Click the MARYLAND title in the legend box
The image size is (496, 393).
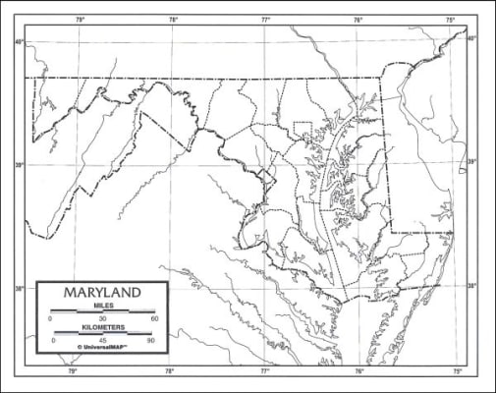[x=102, y=293]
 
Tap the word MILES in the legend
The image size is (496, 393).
[x=102, y=306]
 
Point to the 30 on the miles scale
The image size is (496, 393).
[x=102, y=319]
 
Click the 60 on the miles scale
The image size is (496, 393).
[x=154, y=319]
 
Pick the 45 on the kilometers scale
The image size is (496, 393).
[x=102, y=340]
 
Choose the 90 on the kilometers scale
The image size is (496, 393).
[x=151, y=340]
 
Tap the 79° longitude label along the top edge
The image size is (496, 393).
[x=80, y=20]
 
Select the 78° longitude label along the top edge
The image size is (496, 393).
[x=173, y=20]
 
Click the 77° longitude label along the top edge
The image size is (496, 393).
[x=266, y=20]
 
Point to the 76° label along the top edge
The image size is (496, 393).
[x=358, y=20]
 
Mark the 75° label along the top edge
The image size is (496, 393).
[x=450, y=20]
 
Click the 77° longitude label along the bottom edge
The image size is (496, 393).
[x=265, y=371]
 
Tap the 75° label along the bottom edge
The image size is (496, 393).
[x=458, y=371]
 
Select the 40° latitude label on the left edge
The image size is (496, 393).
[x=19, y=41]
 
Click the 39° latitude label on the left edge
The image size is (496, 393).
[x=19, y=165]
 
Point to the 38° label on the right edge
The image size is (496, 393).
[x=472, y=286]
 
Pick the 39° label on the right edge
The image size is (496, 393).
[x=472, y=162]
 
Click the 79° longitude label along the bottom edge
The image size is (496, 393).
[x=72, y=371]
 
